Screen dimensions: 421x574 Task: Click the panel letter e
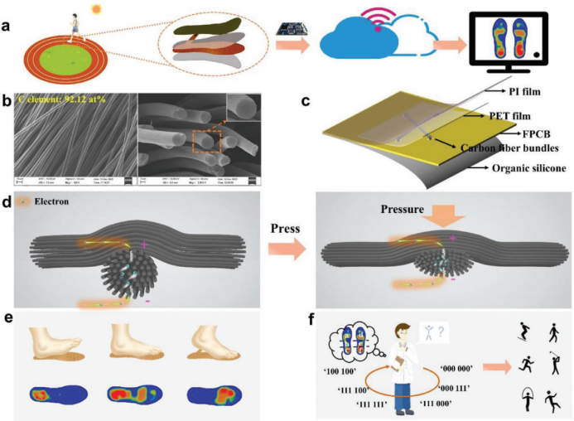click(7, 316)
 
